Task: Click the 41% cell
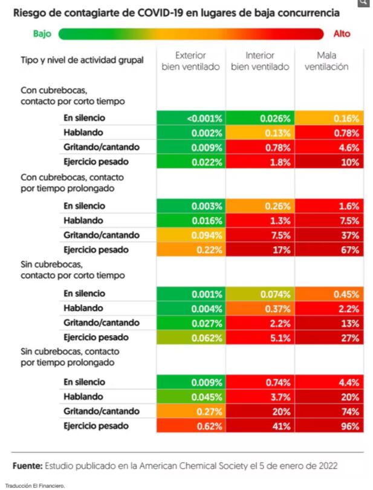[260, 426]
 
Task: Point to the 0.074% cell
[260, 294]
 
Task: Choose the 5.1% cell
[260, 338]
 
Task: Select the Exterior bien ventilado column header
[190, 61]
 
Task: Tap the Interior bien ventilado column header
[260, 61]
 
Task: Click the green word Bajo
[42, 34]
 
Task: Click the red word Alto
[342, 34]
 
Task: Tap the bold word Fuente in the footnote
[28, 465]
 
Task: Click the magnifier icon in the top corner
[363, 3]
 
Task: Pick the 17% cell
[260, 249]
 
